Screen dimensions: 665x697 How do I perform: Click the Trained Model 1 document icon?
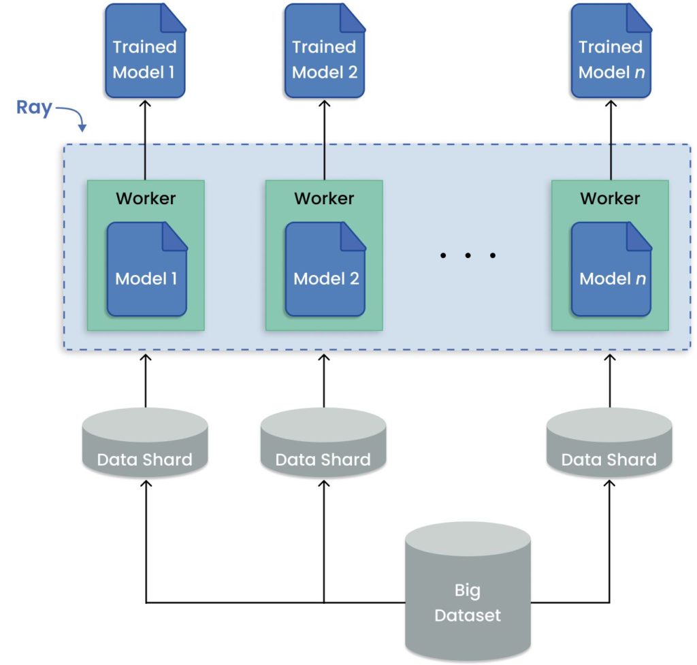[145, 51]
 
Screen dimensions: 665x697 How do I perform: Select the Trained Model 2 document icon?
[324, 51]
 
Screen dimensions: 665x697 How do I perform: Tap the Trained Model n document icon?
[611, 51]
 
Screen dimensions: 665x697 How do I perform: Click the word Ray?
[34, 108]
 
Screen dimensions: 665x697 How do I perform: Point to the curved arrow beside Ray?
[71, 116]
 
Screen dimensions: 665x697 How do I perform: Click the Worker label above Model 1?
[146, 198]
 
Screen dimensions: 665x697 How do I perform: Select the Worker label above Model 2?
[324, 198]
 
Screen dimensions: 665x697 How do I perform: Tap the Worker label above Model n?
[610, 198]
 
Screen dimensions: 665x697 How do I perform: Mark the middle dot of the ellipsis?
[468, 256]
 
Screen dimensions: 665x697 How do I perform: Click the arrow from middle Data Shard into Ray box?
[324, 381]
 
